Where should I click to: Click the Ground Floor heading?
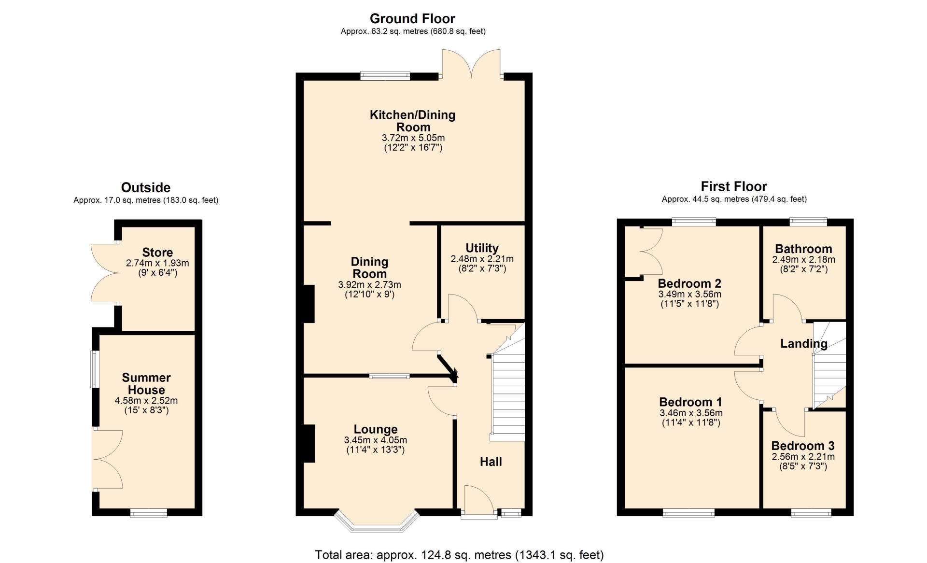(x=412, y=19)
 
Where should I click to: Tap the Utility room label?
(x=482, y=248)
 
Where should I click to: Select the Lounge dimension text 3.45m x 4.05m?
(x=376, y=440)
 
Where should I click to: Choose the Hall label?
(x=491, y=462)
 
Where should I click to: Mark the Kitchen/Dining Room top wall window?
(x=385, y=76)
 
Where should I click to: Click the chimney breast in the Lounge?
(x=309, y=443)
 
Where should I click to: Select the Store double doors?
(x=106, y=273)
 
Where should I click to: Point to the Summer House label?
(x=146, y=384)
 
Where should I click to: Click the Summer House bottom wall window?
(x=149, y=513)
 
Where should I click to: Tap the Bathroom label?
(x=803, y=249)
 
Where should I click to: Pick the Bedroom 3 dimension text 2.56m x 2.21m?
(x=803, y=457)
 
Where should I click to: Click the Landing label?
(x=804, y=344)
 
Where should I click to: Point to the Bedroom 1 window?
(x=688, y=513)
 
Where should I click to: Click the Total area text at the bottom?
(x=459, y=555)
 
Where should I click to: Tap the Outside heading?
(x=146, y=187)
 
